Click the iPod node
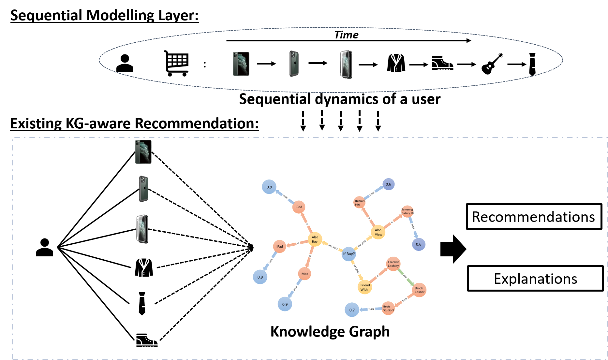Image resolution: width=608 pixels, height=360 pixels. pos(299,207)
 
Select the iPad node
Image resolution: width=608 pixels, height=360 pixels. pos(279,246)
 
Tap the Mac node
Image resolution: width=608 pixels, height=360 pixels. pos(304,274)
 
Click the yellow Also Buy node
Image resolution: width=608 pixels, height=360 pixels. pos(315,239)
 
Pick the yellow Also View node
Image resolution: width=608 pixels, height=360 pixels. pos(378,232)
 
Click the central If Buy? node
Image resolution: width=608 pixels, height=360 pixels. pos(348,254)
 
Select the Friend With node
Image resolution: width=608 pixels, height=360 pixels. pos(365,287)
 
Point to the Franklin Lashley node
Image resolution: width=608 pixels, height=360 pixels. pos(393,264)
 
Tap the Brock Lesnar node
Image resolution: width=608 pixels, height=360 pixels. pos(419,290)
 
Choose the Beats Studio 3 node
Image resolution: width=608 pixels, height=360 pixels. pos(388,308)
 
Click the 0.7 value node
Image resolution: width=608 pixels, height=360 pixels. pos(352,310)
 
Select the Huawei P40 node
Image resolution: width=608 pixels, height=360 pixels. pos(359,203)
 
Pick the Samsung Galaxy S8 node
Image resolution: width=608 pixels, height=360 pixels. pos(407,211)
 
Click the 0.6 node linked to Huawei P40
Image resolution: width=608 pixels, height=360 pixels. pos(388,184)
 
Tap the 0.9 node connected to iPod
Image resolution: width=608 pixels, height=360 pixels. pos(269,187)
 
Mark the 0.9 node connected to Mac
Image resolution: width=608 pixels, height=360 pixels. pos(285,304)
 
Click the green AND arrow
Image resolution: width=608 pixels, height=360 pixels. pos(405,277)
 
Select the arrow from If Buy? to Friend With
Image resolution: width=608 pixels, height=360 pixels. pos(356,269)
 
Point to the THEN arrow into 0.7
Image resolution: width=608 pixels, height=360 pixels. pos(368,309)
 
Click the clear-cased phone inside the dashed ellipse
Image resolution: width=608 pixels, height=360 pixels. pos(346,65)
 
